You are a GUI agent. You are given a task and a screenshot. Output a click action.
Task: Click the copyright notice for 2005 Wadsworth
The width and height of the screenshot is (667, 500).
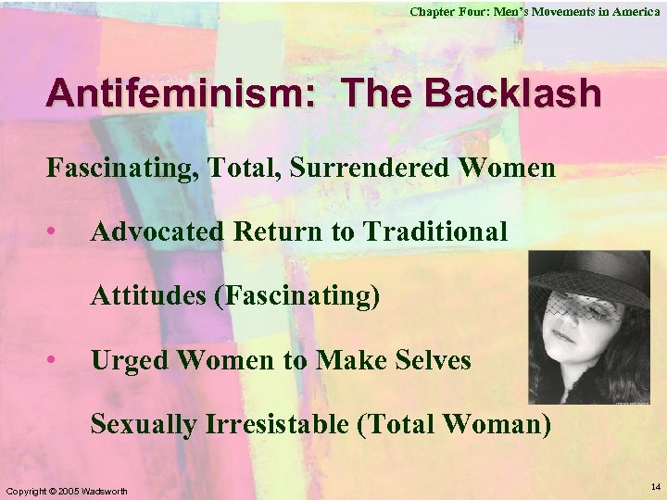click(66, 489)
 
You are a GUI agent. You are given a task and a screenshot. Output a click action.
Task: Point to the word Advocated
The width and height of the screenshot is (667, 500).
click(157, 231)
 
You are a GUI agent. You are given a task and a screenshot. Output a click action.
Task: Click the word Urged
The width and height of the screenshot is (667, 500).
click(124, 359)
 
